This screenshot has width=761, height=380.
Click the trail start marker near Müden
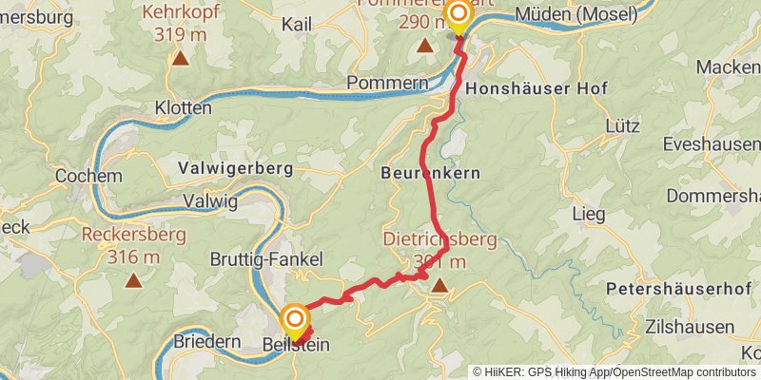pos(459,13)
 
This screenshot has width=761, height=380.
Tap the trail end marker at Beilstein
pos(295,318)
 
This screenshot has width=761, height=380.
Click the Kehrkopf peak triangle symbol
pos(179,58)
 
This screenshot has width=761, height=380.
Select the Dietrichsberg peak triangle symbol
pos(439,284)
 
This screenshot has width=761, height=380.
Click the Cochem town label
pos(89,176)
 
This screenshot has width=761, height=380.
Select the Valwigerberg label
pos(235,168)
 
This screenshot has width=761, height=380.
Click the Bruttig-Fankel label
pos(266,259)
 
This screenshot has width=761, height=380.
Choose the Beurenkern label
pos(430,173)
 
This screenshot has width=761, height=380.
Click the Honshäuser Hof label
pos(537,87)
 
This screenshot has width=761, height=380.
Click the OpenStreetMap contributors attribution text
pos(683,372)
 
